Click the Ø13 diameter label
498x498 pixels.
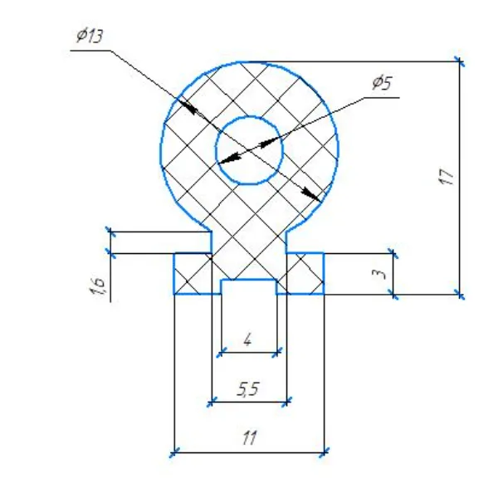(90, 36)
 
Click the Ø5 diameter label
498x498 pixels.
(382, 83)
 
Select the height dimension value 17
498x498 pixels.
(446, 177)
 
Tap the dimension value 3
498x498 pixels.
(380, 273)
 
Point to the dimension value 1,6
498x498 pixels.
(98, 286)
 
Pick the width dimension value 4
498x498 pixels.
(247, 340)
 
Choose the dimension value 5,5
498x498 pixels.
(248, 389)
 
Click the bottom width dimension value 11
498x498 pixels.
(249, 438)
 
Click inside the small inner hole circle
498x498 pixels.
(249, 150)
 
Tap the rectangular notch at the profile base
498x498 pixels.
(249, 287)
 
